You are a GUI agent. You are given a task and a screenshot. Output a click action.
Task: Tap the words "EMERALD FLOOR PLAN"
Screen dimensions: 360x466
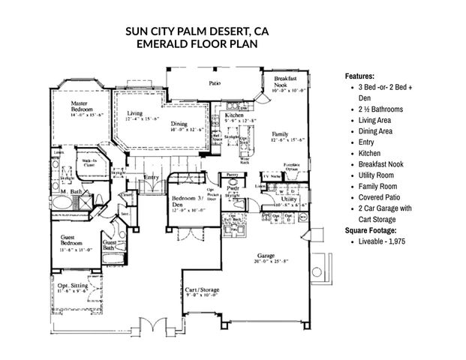coord(196,43)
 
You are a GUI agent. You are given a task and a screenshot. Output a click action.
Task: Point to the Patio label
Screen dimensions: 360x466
coord(215,83)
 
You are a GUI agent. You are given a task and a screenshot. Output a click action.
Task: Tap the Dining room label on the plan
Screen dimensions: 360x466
coord(179,124)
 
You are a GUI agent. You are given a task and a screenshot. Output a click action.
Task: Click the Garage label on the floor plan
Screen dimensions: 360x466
coord(267,256)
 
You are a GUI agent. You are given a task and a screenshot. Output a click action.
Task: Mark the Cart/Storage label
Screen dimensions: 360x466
coord(202,289)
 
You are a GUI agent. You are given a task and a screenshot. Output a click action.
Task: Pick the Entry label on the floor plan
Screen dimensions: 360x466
coord(152,177)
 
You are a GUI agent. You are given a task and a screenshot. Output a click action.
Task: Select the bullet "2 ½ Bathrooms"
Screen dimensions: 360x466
coord(381,109)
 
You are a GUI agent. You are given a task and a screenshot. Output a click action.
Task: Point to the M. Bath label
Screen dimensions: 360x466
coord(70,193)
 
